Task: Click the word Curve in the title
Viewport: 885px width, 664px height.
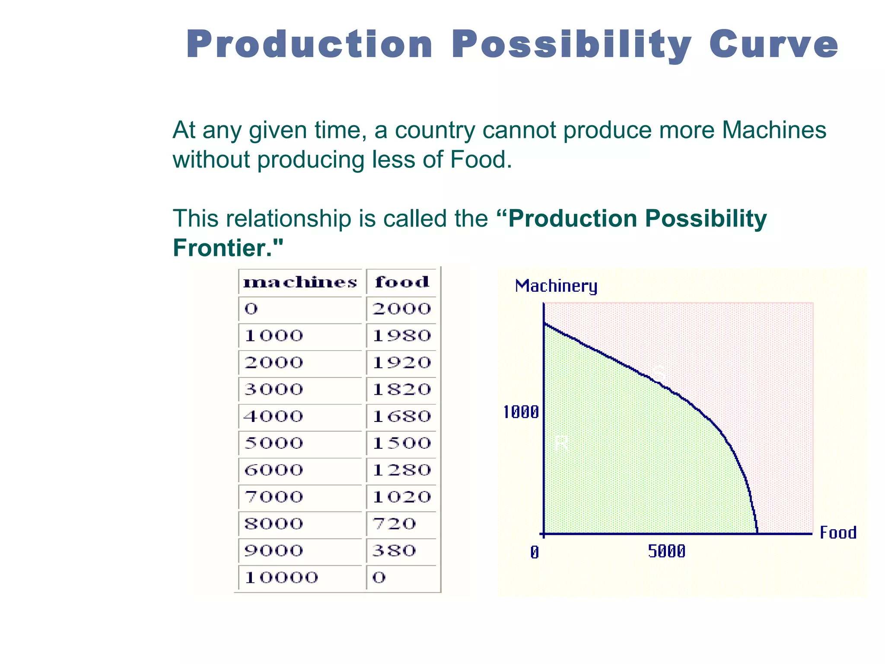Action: tap(774, 44)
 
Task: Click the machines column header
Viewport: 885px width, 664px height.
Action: tap(300, 282)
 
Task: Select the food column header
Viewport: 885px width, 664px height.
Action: tap(402, 282)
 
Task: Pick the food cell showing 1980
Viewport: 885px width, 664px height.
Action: tap(402, 336)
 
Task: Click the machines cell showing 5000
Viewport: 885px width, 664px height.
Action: tap(274, 443)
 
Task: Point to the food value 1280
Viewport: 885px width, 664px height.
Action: tap(402, 470)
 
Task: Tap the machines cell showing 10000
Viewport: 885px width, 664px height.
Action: tap(281, 578)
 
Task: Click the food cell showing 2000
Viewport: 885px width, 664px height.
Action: tap(402, 309)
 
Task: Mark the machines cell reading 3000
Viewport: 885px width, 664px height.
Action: tap(274, 389)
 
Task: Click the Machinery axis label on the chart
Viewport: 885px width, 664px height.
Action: tap(556, 286)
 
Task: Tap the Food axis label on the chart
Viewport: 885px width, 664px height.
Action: tap(838, 533)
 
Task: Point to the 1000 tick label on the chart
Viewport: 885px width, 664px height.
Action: tap(521, 412)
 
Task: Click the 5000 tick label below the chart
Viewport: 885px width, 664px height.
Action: tap(667, 552)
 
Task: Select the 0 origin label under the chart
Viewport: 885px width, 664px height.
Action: tap(535, 552)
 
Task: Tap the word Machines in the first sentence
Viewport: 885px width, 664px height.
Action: tap(774, 130)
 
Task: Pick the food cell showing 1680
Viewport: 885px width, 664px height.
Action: tap(402, 416)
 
